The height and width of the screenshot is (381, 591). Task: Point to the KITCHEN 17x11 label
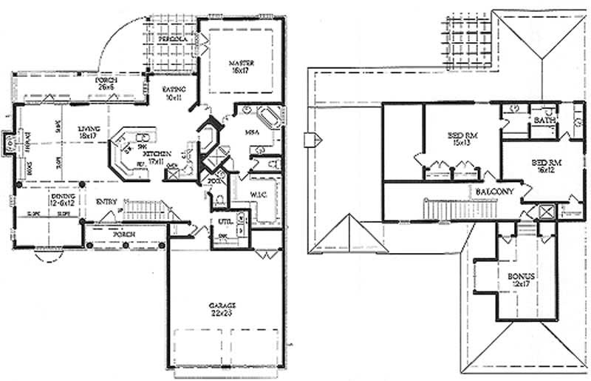pyautogui.click(x=159, y=156)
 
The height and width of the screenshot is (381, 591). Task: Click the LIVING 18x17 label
pyautogui.click(x=89, y=132)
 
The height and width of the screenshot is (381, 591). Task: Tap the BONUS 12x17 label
pyautogui.click(x=522, y=279)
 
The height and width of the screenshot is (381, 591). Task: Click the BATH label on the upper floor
pyautogui.click(x=544, y=119)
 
